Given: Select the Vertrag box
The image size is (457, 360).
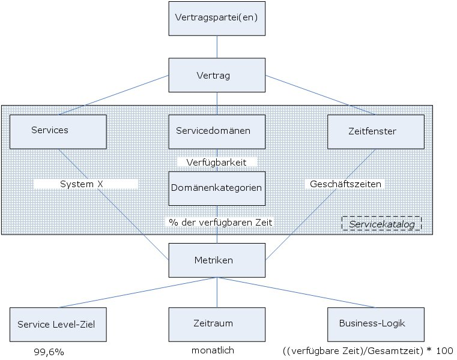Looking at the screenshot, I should tap(217, 76).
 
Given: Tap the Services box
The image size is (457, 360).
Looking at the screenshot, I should tap(58, 131).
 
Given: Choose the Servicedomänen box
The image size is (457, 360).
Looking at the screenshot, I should tap(217, 131).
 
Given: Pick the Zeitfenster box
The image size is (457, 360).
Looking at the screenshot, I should tap(375, 131).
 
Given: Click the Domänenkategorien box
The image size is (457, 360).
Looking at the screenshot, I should tap(217, 188).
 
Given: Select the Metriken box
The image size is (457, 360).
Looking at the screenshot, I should tap(217, 260).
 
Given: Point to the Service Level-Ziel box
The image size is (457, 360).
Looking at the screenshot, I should tap(58, 324).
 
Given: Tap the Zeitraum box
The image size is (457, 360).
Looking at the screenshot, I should tap(217, 324).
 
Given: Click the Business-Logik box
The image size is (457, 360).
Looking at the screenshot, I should tap(375, 324).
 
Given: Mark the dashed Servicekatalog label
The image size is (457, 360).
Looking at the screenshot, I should tap(381, 224).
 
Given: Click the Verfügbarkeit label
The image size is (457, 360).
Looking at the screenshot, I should tap(217, 162).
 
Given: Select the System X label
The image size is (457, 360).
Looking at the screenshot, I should tap(86, 184).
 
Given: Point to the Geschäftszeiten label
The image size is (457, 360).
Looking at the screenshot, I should tap(345, 184).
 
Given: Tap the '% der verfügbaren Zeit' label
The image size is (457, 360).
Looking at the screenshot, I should tap(220, 222).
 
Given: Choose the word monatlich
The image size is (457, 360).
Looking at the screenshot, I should tap(213, 351).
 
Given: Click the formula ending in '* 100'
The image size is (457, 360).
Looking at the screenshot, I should tap(368, 351).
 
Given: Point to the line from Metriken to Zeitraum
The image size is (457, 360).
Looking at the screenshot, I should tap(217, 292).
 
